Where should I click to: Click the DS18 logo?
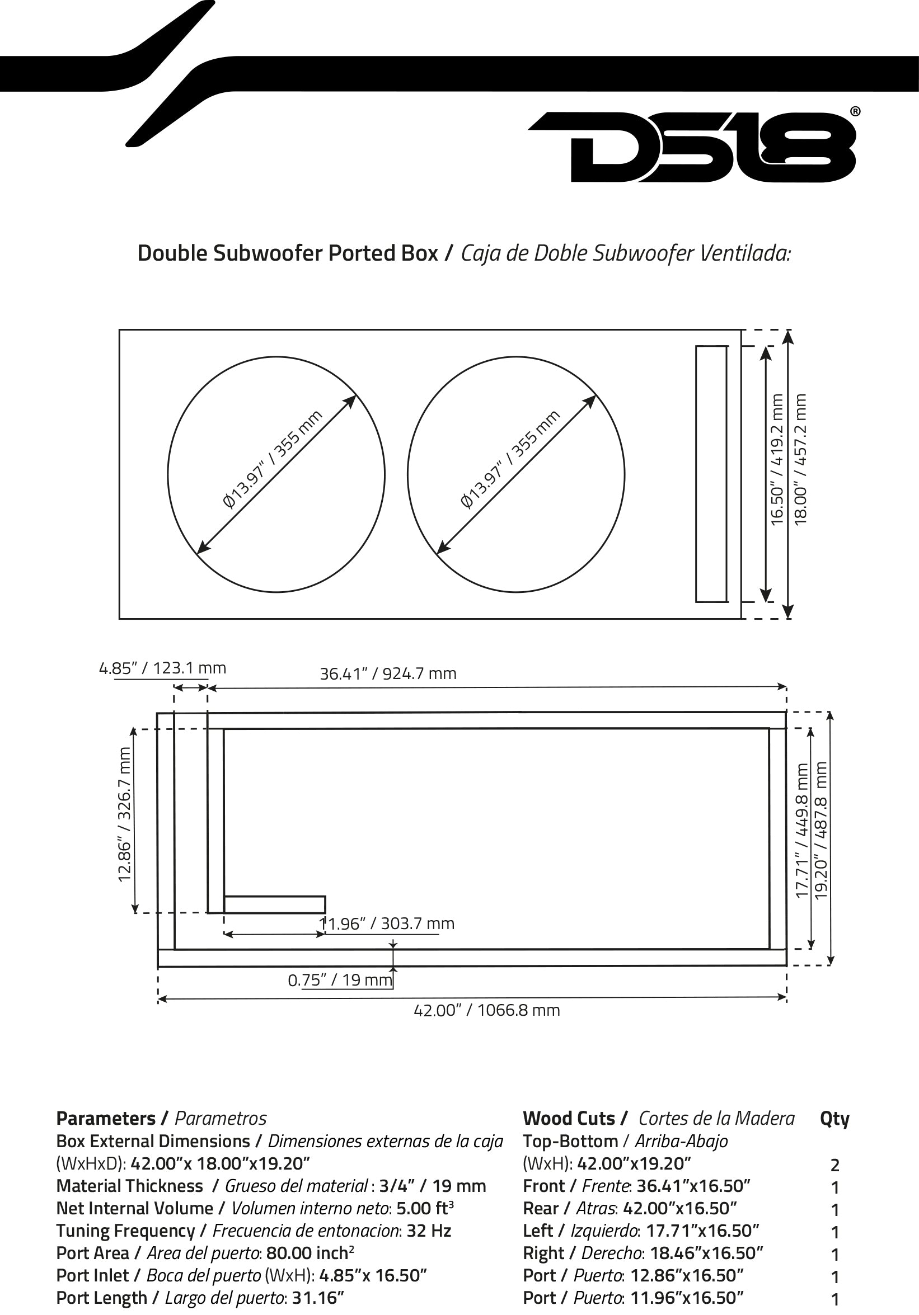coord(692,147)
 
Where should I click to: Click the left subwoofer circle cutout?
coord(275,474)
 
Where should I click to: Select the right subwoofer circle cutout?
coord(515,474)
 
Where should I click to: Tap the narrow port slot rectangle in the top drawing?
coord(711,474)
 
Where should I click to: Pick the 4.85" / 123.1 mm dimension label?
coord(163,668)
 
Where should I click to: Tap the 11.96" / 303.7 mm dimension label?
coord(387,923)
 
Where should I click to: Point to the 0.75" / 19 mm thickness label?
coord(340,980)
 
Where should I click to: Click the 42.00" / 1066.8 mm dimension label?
coord(486,1010)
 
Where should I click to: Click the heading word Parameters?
coord(106,1118)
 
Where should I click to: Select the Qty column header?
coord(835,1118)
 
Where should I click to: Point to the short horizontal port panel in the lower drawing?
coord(274,904)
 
